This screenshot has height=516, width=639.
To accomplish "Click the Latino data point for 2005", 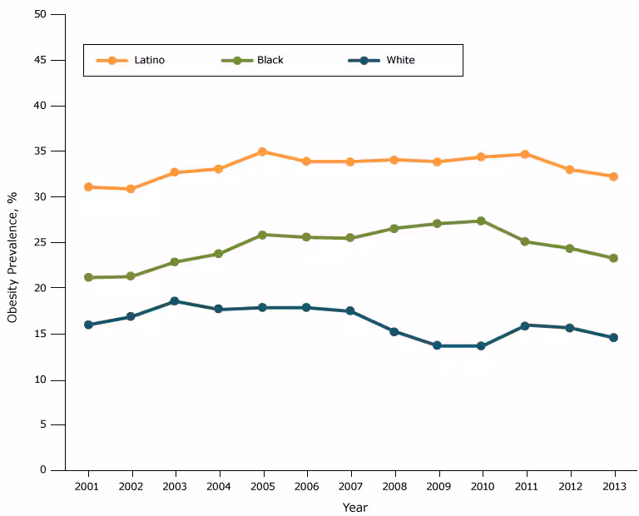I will (262, 151).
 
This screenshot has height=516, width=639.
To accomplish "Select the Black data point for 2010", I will (482, 221).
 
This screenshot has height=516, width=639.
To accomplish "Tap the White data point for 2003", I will (174, 300).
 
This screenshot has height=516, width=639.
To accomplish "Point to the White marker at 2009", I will (438, 345).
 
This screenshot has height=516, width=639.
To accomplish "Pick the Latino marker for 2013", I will (613, 176).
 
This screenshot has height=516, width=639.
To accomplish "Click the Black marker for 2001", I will (88, 277).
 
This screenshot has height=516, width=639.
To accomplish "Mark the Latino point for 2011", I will (525, 154).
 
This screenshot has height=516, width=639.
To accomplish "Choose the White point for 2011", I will (525, 325).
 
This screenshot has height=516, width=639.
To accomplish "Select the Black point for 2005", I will (262, 235).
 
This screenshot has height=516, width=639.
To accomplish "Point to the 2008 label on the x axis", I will (394, 486).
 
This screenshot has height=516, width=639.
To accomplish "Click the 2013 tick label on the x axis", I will (613, 486).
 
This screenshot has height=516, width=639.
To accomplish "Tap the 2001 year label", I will (87, 486).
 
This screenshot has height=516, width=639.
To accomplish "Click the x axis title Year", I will (354, 507).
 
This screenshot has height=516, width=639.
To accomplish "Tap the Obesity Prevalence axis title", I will (12, 257).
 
